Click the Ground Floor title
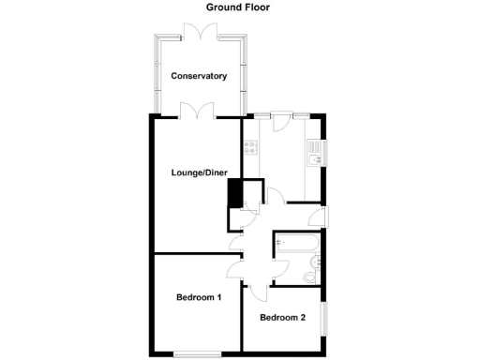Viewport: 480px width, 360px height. point(239,7)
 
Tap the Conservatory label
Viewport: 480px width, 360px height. point(198,76)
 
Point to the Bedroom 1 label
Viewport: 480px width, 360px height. point(199,298)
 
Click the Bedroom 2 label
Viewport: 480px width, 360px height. point(282,317)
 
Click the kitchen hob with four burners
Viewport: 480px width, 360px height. point(250,146)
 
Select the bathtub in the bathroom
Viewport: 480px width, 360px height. point(295,246)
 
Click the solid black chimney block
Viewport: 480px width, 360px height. point(234,193)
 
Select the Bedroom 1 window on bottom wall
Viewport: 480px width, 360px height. point(198,353)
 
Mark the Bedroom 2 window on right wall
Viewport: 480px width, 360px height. point(325,317)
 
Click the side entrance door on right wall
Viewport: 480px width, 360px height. point(322,215)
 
